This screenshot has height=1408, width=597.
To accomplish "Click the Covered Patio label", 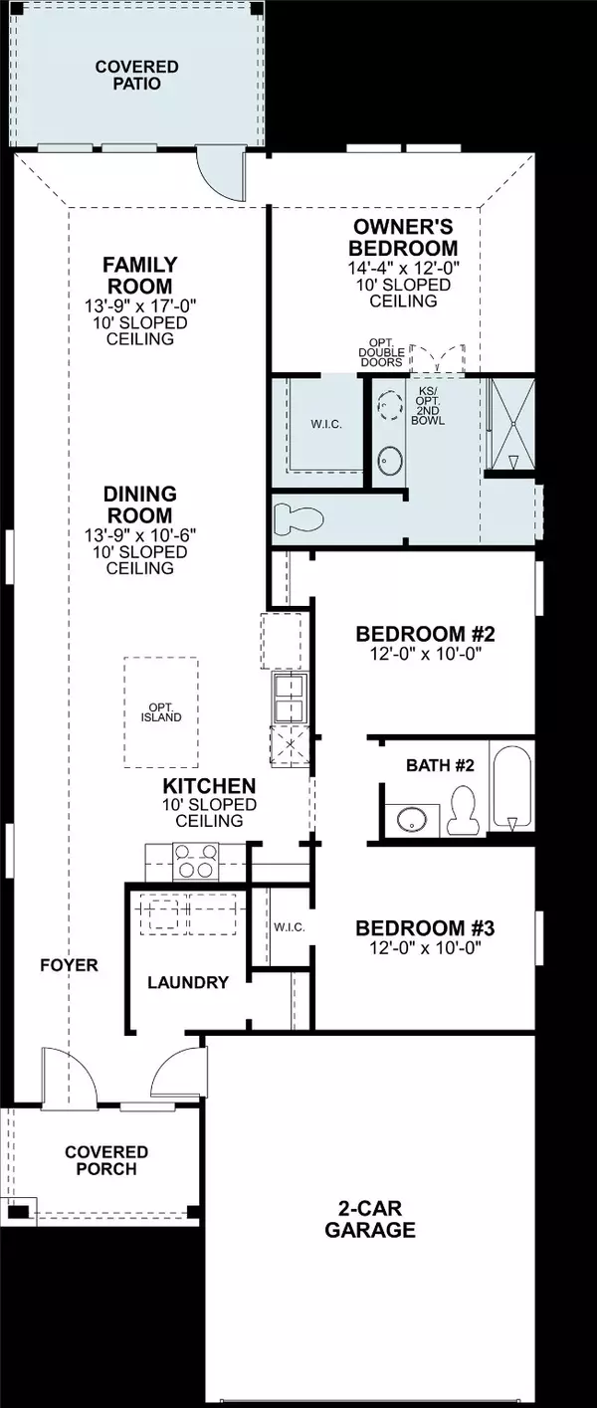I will tap(137, 75).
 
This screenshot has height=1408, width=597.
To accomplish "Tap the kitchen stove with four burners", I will tap(195, 861).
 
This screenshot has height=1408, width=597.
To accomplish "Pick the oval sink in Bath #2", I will tap(408, 820).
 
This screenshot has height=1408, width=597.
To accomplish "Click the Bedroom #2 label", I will tap(425, 634).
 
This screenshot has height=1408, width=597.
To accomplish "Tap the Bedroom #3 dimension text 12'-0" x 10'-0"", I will tap(425, 948).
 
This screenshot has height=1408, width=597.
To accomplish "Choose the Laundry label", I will tap(188, 982).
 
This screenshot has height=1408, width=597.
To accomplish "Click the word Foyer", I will tap(70, 964).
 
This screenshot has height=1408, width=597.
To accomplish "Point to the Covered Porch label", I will tap(106, 1160).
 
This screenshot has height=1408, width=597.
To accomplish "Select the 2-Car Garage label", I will tap(369, 1220).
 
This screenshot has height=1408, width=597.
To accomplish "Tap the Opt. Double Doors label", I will tap(382, 356).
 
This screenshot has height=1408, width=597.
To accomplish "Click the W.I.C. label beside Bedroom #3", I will tap(289, 926).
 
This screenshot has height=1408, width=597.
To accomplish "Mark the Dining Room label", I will tap(140, 504).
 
